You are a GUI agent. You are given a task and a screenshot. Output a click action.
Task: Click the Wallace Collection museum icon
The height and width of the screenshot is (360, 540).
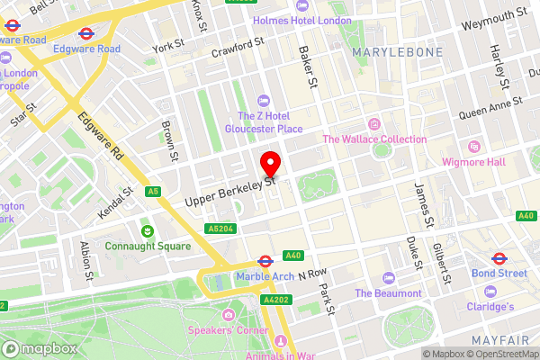coord(374,123)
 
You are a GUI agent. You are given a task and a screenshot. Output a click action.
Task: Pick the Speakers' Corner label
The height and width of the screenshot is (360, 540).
coord(229,329)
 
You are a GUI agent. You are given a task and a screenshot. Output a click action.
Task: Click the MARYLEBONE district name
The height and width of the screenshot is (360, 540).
coord(397,53)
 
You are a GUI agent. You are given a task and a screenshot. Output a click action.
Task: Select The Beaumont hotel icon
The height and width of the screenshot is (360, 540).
coord(388,278)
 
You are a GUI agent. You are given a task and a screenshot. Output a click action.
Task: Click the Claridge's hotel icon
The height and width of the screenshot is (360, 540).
coord(490,292)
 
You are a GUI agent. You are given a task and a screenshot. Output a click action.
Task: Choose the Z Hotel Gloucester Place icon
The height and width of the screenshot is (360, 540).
coord(263,101)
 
